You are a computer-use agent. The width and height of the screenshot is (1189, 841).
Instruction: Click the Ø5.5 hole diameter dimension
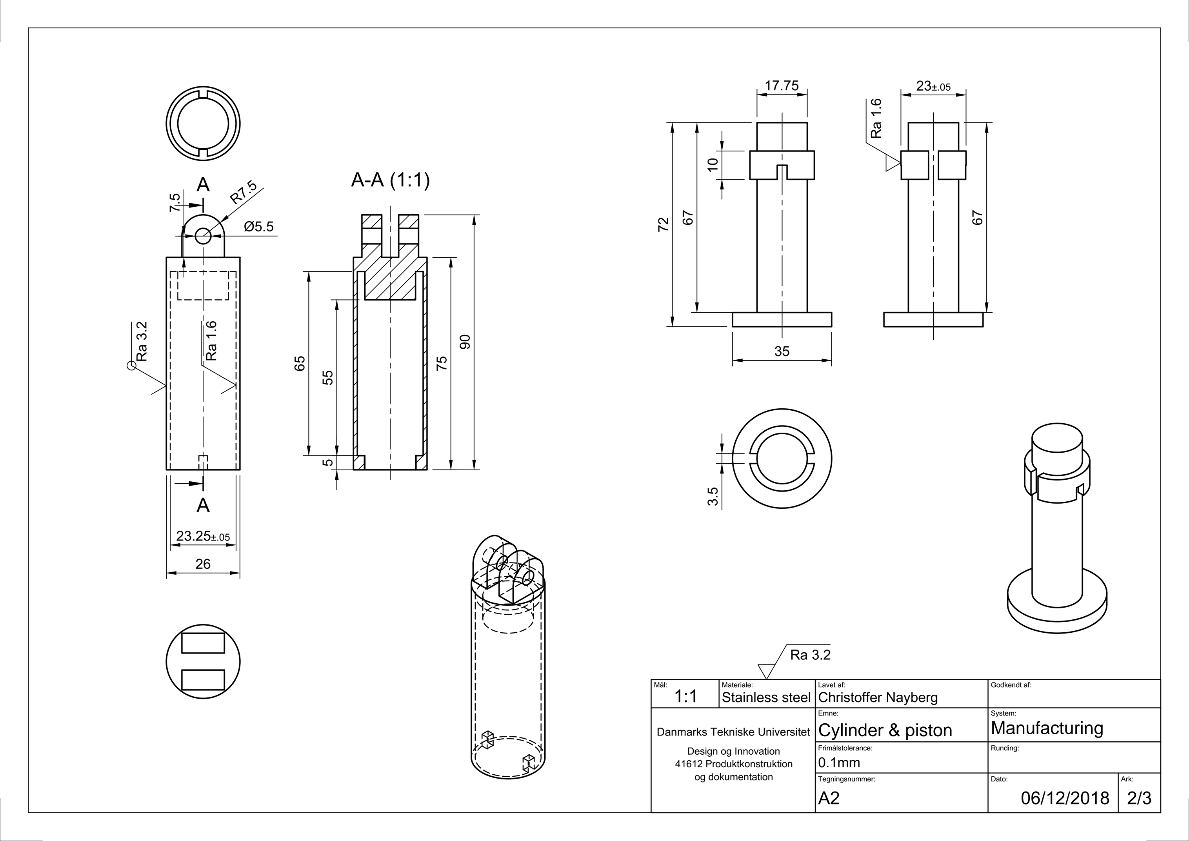pyautogui.click(x=258, y=227)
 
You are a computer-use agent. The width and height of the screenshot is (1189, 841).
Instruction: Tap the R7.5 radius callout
pyautogui.click(x=244, y=192)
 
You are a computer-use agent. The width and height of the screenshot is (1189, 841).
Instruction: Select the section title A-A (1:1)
pyautogui.click(x=391, y=180)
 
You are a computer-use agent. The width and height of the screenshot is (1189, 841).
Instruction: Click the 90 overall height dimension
pyautogui.click(x=465, y=341)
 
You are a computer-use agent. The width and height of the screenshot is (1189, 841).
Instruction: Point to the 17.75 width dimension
pyautogui.click(x=782, y=86)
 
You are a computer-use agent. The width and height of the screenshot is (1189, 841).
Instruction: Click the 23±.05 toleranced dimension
pyautogui.click(x=933, y=86)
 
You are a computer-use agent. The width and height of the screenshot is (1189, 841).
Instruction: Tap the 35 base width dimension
pyautogui.click(x=782, y=351)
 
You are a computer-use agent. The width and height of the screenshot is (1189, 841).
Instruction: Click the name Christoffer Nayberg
pyautogui.click(x=878, y=697)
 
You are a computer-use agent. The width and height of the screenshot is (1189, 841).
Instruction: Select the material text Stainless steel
pyautogui.click(x=766, y=697)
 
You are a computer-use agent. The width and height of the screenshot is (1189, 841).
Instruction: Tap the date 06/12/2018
pyautogui.click(x=1065, y=798)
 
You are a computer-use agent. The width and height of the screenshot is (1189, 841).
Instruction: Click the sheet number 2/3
pyautogui.click(x=1139, y=798)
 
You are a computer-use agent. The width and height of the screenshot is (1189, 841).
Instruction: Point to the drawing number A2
pyautogui.click(x=829, y=798)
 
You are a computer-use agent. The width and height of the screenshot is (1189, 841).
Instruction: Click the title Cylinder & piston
pyautogui.click(x=885, y=730)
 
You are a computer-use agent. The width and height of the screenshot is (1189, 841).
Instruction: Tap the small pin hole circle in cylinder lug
pyautogui.click(x=203, y=236)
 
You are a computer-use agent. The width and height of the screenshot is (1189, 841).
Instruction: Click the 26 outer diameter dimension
pyautogui.click(x=203, y=564)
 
